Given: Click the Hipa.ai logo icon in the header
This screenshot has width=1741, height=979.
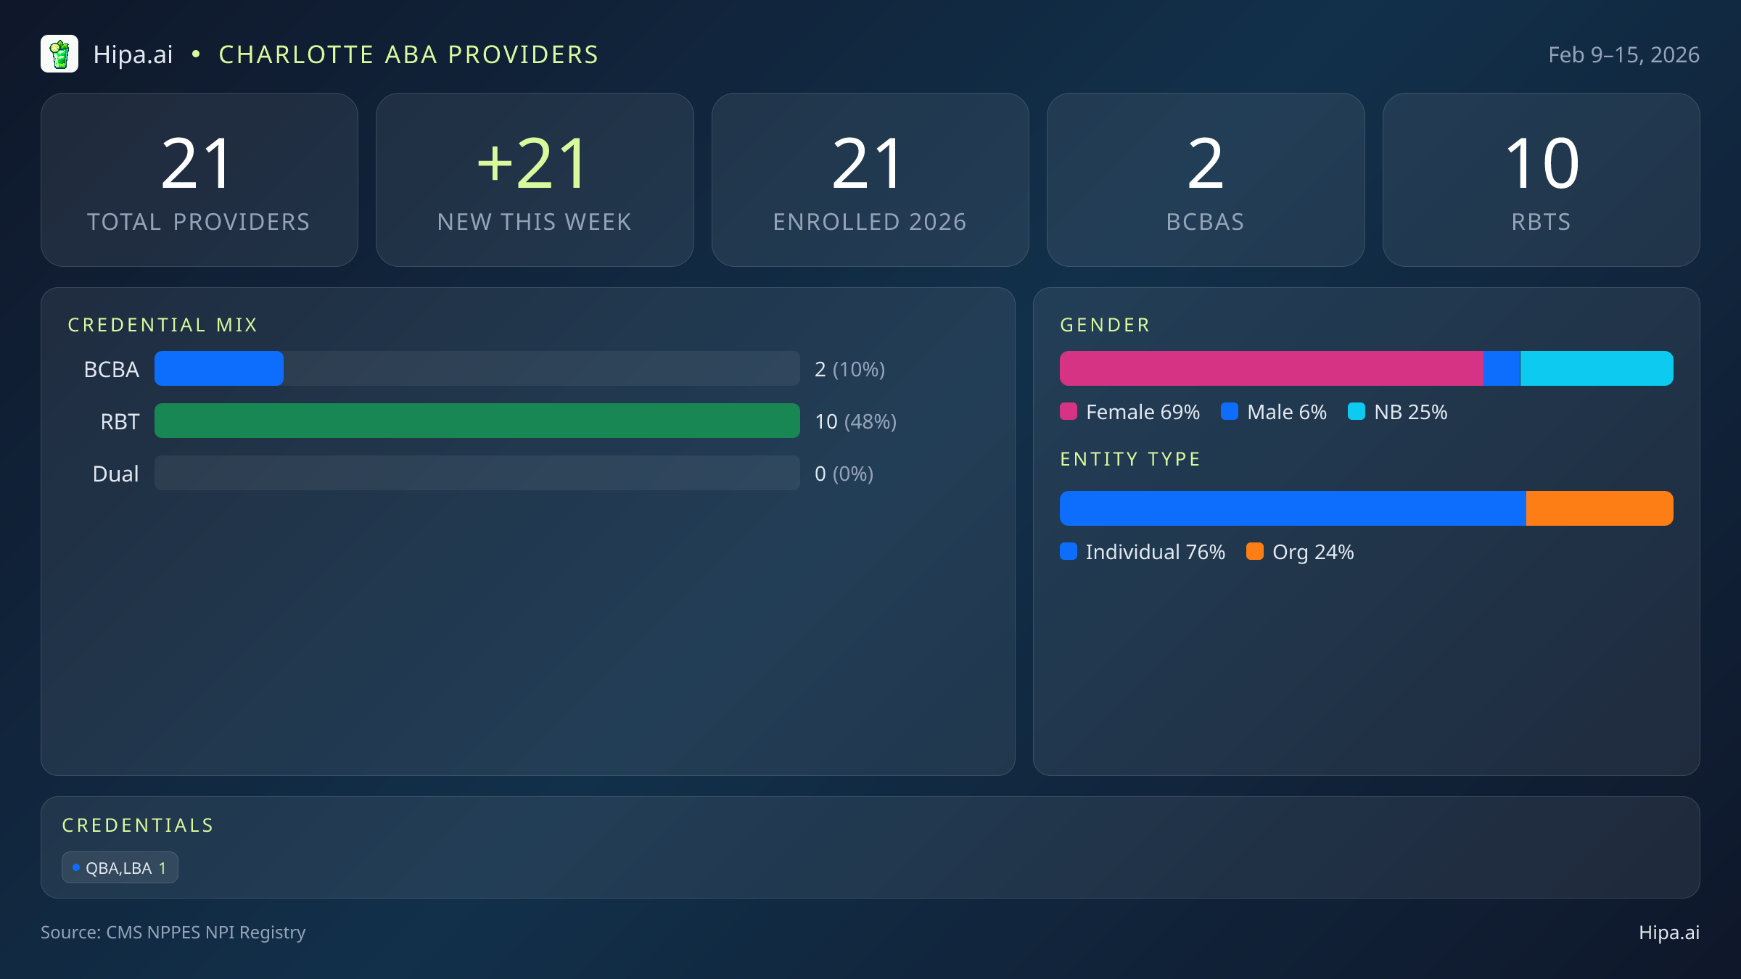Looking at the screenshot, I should [59, 54].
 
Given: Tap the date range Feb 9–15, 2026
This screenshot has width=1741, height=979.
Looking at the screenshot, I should [1623, 55].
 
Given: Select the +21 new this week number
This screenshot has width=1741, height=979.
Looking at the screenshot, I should [533, 164].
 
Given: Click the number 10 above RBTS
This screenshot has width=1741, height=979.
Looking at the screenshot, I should [1542, 164].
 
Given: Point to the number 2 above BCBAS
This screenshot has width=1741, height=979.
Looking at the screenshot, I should [1205, 164].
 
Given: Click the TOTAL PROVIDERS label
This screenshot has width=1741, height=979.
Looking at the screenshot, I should [199, 222].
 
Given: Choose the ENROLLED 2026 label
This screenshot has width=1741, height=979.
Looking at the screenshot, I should [870, 222].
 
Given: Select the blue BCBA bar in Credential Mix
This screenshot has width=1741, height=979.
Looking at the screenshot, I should [218, 368].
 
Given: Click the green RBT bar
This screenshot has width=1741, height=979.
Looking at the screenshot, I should [477, 421].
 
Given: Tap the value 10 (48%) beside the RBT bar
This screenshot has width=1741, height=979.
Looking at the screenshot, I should [855, 421].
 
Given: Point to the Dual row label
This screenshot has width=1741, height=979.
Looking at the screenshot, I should [115, 474].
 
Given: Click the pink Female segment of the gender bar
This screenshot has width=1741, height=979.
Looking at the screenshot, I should [1271, 368].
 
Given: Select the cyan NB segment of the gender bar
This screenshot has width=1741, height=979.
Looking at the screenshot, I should [1596, 368].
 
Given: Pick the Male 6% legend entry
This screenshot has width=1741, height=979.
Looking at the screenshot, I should [1274, 412].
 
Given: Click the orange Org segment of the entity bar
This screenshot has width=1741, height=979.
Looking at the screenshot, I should [1599, 508].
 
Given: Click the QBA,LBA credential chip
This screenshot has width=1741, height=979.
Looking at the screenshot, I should [120, 867].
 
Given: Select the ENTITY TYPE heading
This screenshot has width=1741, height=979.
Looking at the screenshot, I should [1130, 459].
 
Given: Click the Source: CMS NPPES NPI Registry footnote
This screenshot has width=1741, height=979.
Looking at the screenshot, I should [173, 932].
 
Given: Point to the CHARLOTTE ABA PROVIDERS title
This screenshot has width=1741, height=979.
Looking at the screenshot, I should [408, 55].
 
